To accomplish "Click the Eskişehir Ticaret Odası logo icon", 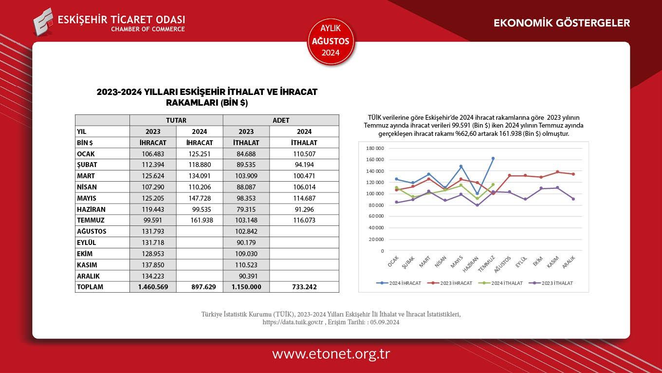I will tap(43, 21).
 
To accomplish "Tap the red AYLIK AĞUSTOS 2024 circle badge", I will tap(331, 41).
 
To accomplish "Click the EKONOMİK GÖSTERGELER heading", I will tap(562, 23).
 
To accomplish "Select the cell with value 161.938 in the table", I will tap(200, 220).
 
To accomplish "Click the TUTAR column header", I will tap(176, 120).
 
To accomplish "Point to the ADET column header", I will tap(281, 120).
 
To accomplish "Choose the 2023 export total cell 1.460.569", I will tap(153, 287).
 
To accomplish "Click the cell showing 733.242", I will tap(304, 287).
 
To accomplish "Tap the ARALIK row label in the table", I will tap(88, 276).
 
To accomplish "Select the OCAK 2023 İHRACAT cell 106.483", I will tap(153, 154).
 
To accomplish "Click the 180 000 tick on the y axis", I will tap(375, 149).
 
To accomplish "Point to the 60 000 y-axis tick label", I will tap(376, 217).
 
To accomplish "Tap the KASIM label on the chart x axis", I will tap(552, 262).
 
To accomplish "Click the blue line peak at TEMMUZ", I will tap(493, 158).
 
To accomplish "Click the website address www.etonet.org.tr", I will tap(331, 354).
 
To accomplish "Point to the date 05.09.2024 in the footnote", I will tap(385, 322).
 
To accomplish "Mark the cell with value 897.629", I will tap(200, 287).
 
